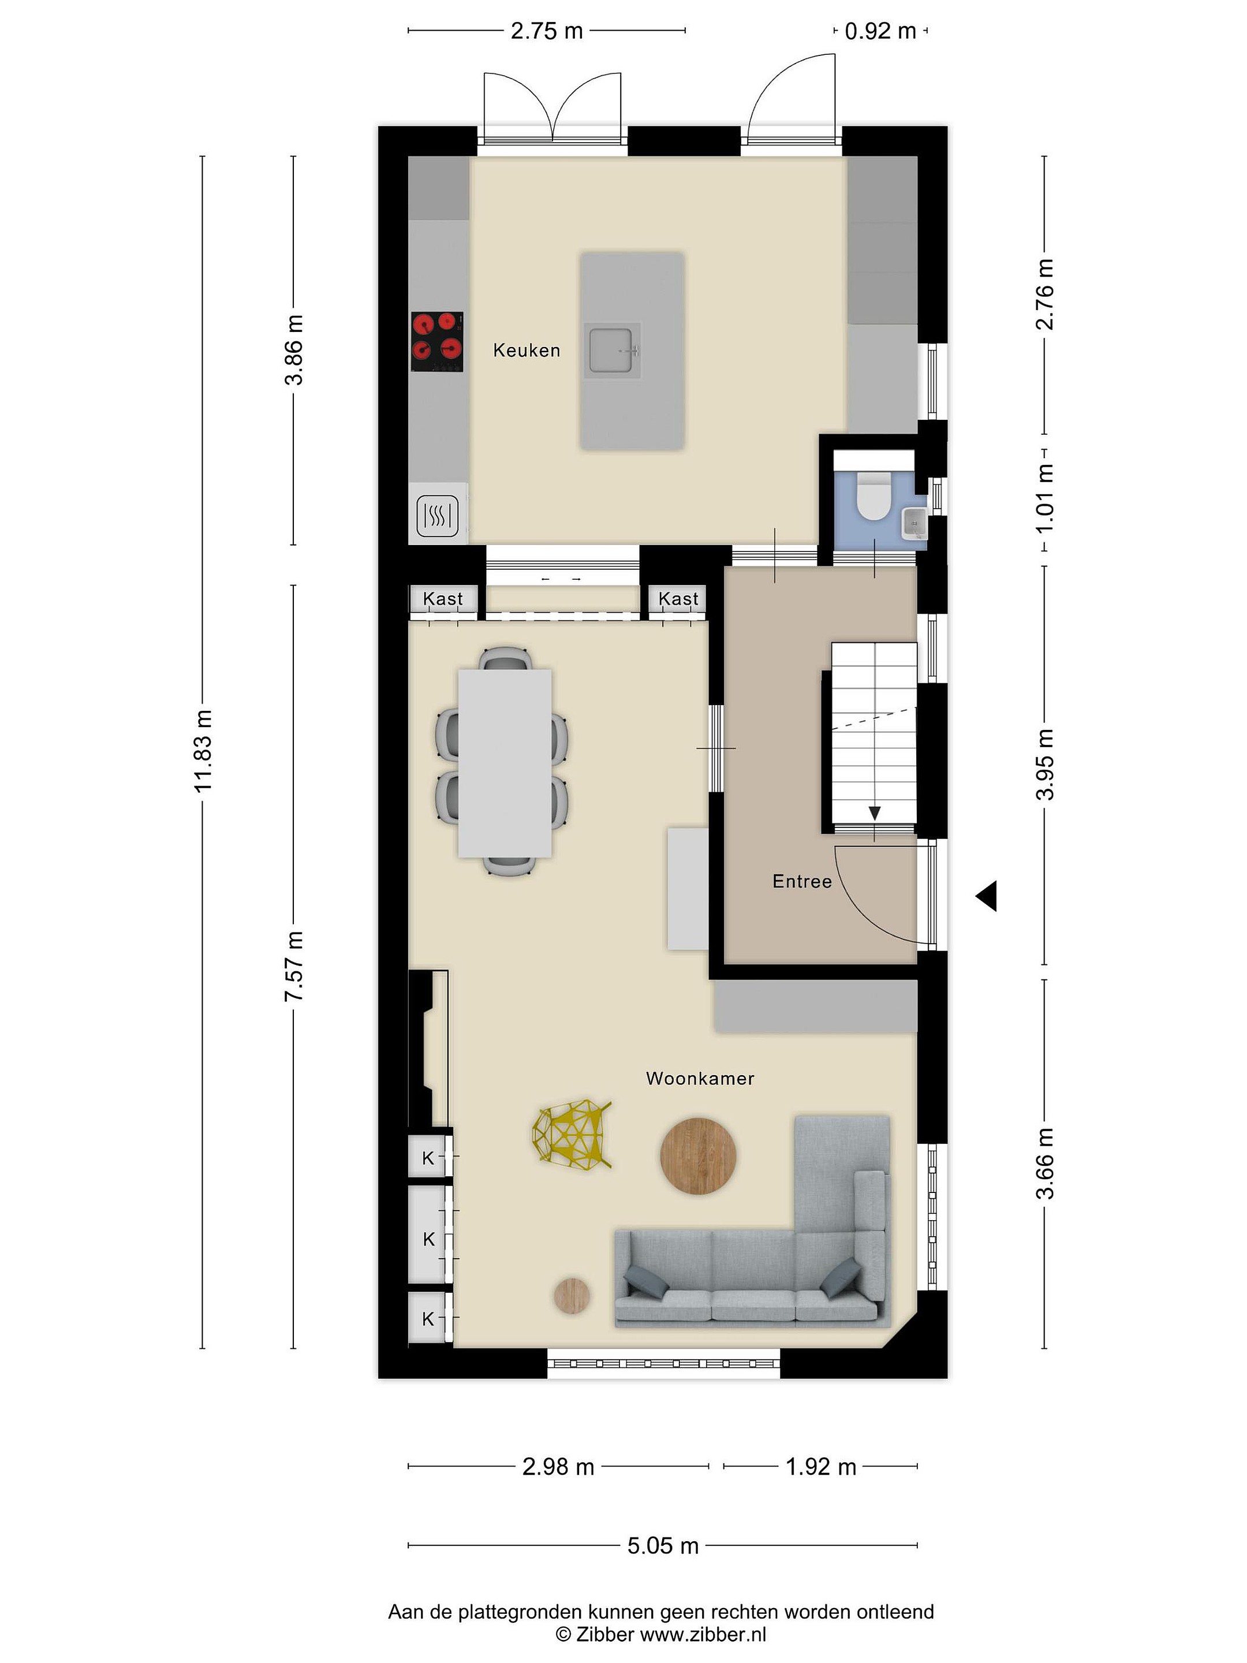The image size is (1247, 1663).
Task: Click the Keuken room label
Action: coord(526,351)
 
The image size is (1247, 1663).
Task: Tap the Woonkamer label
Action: coord(700,1079)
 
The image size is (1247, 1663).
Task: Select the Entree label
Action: coord(802,881)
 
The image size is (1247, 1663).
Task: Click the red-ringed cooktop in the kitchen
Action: coord(436,341)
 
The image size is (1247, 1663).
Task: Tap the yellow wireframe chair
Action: coord(572,1135)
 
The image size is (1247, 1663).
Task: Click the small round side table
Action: coord(572,1295)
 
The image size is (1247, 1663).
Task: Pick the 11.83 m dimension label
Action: coord(204,750)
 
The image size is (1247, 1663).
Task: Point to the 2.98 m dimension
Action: coord(558,1467)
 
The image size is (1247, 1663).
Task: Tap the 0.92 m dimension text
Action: coord(880,31)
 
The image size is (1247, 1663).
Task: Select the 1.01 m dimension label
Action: coord(1045,498)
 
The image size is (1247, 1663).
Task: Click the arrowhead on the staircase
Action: coord(875,812)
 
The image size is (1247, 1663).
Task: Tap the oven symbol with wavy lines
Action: coord(438,516)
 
